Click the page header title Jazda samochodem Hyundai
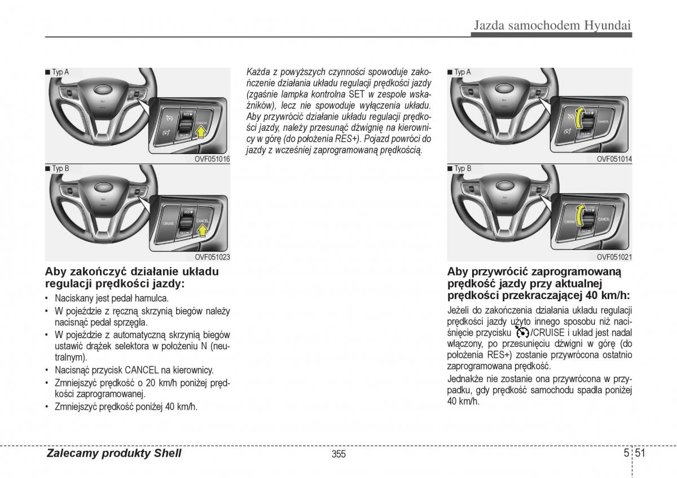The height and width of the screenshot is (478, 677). [x=552, y=25]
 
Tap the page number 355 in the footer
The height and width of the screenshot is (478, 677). [x=338, y=454]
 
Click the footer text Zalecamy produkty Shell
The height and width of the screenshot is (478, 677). [x=114, y=453]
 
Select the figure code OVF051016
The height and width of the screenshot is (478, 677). [x=213, y=160]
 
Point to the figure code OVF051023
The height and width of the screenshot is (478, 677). [x=213, y=257]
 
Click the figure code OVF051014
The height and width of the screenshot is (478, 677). [x=614, y=160]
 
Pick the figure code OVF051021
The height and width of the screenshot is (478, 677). [x=614, y=257]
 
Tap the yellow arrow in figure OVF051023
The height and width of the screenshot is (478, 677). [x=201, y=230]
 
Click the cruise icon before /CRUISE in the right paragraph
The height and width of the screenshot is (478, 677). [x=521, y=333]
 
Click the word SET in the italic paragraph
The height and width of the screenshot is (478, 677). [x=357, y=94]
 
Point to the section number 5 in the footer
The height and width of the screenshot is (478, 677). [x=627, y=453]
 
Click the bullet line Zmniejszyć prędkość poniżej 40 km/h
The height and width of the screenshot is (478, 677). [x=126, y=406]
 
